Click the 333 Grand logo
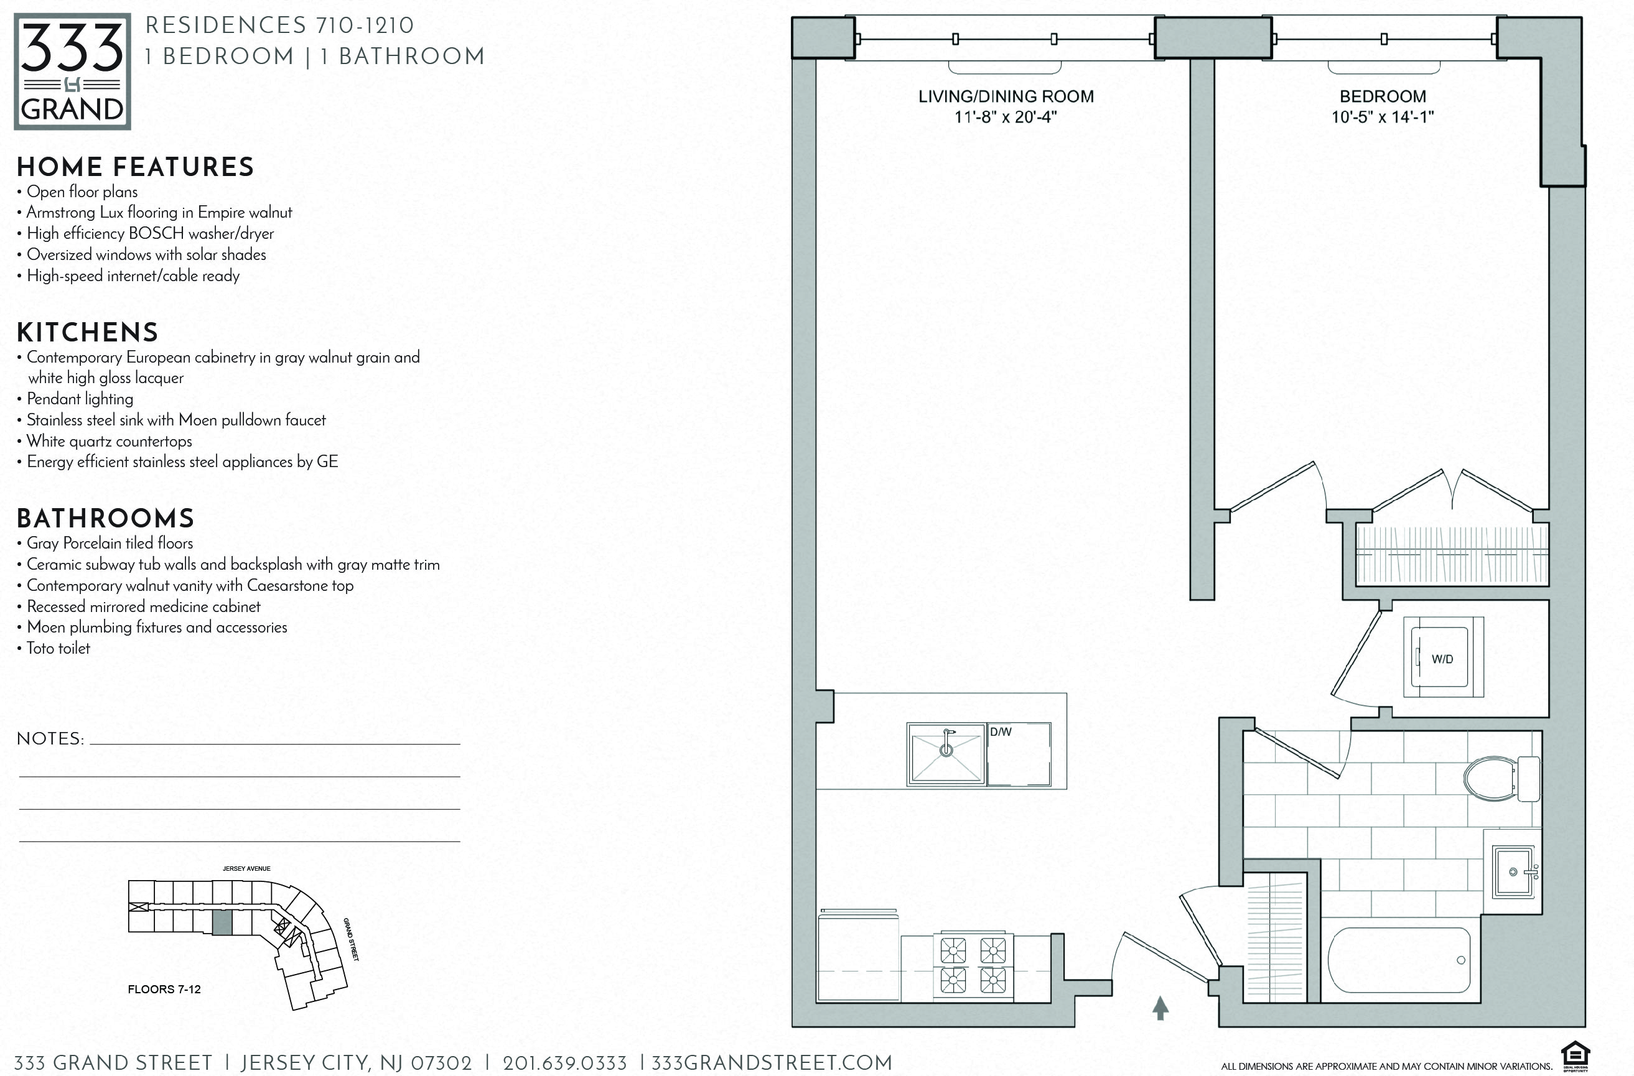point(72,72)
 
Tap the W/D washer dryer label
point(1442,659)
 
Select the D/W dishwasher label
point(1001,732)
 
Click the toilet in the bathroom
point(1500,779)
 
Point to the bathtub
point(1399,960)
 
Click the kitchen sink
point(946,753)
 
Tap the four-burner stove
point(973,965)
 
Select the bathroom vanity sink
point(1513,872)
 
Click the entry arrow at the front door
point(1160,1008)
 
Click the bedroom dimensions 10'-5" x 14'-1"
point(1383,118)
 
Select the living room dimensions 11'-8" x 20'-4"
point(1006,118)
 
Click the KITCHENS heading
point(87,333)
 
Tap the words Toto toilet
point(58,649)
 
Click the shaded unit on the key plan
point(222,923)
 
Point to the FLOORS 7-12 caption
point(164,990)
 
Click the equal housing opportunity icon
point(1575,1057)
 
